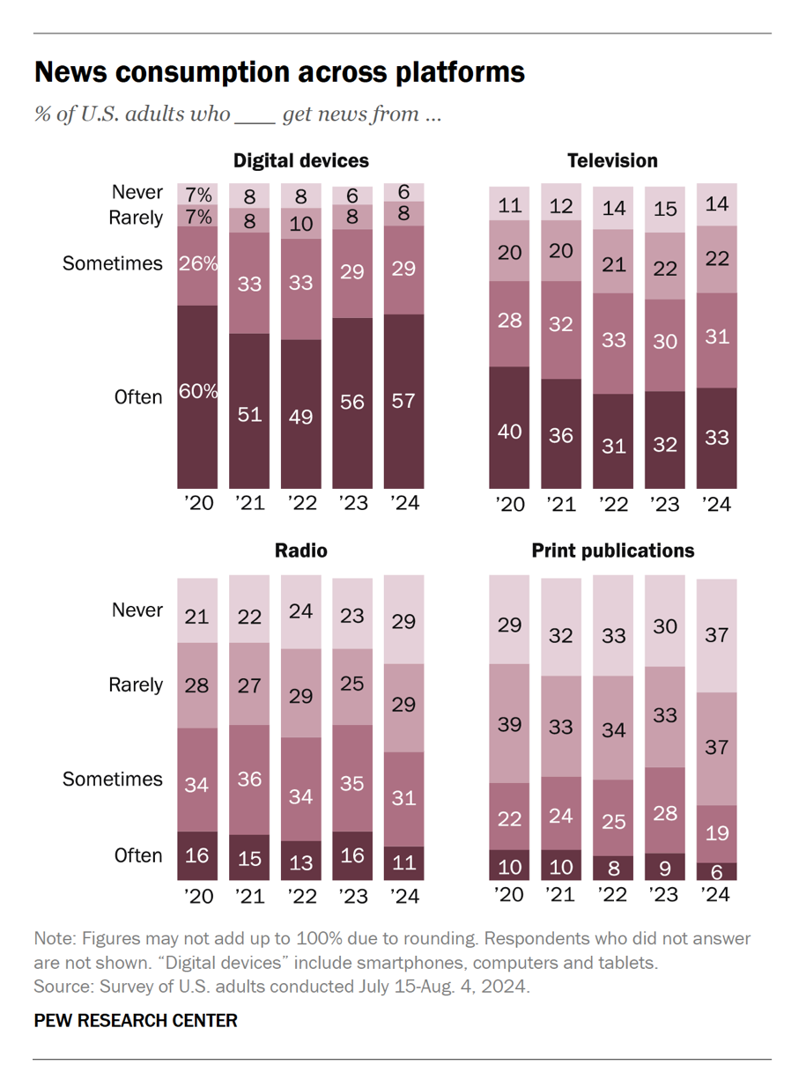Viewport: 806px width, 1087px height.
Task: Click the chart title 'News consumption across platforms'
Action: [279, 72]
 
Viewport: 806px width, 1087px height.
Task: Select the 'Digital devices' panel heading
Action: [300, 160]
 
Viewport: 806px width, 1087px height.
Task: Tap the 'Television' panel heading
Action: [612, 160]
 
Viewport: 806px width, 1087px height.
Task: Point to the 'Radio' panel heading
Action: [300, 551]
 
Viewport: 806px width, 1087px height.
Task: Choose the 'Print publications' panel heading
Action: [612, 551]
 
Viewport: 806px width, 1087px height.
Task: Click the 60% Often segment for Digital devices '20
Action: [197, 396]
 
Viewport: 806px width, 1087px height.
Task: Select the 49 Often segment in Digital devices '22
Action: [300, 414]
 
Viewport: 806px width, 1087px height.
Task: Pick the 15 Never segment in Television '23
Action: [665, 209]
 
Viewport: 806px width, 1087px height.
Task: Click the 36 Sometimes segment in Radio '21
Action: [249, 780]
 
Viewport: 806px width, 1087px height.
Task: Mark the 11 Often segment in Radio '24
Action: [403, 863]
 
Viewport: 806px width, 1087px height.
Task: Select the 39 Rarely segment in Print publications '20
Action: [509, 723]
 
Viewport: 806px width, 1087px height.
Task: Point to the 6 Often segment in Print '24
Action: [716, 871]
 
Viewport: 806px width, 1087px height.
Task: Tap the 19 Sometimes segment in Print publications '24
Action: [716, 833]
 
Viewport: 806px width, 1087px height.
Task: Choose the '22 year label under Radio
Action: [300, 897]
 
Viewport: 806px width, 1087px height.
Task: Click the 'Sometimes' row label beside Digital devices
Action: [113, 263]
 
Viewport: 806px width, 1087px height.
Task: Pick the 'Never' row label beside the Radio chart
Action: [137, 610]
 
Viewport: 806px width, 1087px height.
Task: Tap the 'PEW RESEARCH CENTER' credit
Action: [136, 1021]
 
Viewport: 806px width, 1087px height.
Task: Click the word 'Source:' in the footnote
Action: [62, 986]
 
